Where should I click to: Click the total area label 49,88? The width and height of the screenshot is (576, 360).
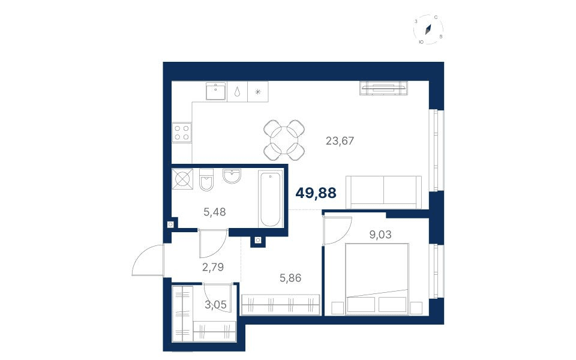click(x=316, y=193)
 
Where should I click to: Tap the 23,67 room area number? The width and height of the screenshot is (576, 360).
click(x=340, y=140)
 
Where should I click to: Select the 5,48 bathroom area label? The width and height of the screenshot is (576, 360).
click(x=215, y=212)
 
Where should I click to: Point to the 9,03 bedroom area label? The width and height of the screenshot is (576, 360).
click(x=380, y=234)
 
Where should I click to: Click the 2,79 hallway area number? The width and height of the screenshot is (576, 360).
click(x=213, y=266)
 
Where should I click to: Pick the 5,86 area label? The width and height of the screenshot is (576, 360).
click(x=290, y=278)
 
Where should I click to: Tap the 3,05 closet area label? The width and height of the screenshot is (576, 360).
click(x=215, y=305)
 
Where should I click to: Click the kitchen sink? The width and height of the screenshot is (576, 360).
click(x=215, y=91)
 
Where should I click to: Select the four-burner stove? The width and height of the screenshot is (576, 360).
click(x=182, y=133)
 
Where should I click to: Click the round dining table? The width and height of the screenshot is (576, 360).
click(x=284, y=140)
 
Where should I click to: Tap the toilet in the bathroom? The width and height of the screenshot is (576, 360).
click(x=206, y=179)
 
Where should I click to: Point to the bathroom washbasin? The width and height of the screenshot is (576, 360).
click(x=232, y=176)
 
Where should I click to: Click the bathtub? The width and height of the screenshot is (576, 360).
click(x=270, y=199)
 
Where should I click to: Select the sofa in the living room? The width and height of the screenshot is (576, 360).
click(x=384, y=192)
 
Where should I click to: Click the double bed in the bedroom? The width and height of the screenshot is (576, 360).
click(x=377, y=279)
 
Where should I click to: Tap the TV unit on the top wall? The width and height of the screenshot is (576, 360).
click(x=384, y=88)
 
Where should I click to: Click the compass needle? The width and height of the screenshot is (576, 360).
click(x=428, y=29)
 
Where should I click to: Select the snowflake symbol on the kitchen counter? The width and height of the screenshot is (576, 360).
click(x=258, y=92)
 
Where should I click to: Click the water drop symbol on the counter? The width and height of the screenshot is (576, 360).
click(x=238, y=91)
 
